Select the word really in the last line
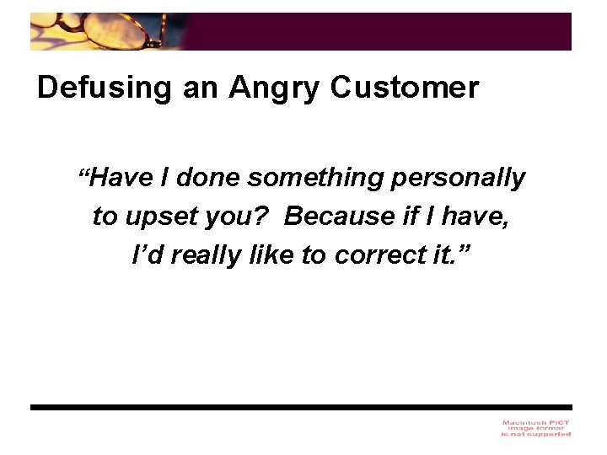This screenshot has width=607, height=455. [x=201, y=254]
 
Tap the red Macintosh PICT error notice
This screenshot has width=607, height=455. [x=535, y=427]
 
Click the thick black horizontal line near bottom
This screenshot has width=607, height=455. [x=301, y=407]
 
